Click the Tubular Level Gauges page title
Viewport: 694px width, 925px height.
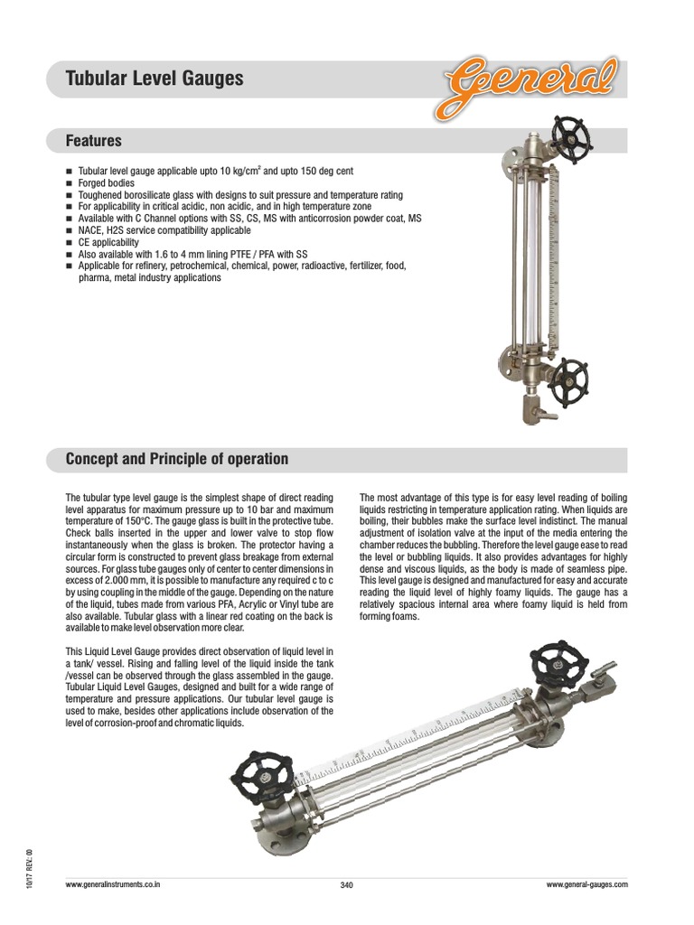tap(155, 79)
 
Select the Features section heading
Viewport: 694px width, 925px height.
tap(94, 142)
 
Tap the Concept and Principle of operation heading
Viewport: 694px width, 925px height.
tap(177, 459)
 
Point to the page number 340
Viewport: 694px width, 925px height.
tap(346, 884)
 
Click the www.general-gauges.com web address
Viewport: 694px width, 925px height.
tap(586, 884)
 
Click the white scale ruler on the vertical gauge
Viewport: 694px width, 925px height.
tap(554, 262)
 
